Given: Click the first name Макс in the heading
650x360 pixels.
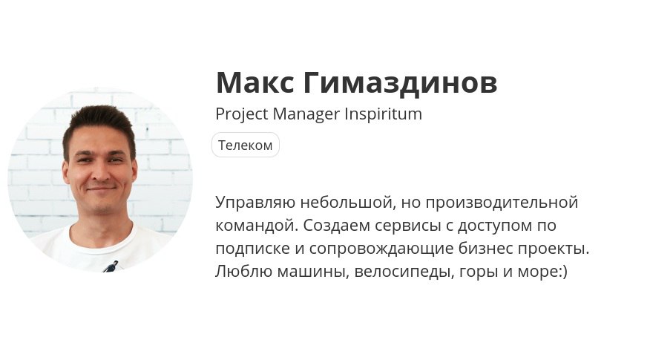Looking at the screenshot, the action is coord(255,82).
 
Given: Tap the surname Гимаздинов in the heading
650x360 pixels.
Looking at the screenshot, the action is coord(400,83).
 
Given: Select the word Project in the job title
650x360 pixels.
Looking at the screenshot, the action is coord(242,114).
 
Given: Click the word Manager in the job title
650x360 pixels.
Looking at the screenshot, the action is coord(306,114).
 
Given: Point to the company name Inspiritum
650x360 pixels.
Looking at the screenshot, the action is coord(383,114).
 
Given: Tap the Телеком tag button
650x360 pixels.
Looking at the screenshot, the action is coord(246,145).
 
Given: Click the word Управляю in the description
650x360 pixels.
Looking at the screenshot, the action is coord(255,203).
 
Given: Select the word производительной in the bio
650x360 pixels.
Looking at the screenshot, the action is coord(502,203).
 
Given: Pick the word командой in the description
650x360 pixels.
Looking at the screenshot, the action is coord(257,226).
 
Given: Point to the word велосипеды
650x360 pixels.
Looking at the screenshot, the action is coord(404,272).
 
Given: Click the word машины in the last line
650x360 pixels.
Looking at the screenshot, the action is coord(312,272).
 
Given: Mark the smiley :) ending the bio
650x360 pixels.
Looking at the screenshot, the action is coord(563,272).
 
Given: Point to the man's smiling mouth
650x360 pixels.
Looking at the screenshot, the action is coord(100,189).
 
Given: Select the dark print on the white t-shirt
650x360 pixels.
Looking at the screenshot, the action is coord(111,266).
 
